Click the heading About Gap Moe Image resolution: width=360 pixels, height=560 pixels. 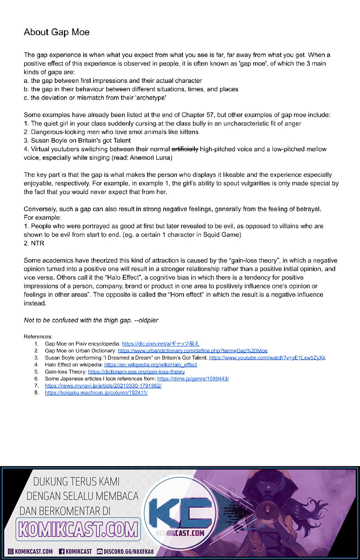coord(56,32)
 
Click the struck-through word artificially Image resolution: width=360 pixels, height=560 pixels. coord(185,149)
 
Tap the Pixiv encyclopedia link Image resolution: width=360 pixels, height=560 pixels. coord(160,344)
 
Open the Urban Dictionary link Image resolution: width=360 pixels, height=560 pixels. coord(192,351)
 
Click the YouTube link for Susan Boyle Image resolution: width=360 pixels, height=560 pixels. coord(267,358)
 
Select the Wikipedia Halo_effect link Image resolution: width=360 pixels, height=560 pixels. coord(150,365)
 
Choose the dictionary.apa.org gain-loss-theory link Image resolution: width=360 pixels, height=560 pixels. coord(136,372)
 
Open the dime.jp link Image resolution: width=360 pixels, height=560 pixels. coord(193,379)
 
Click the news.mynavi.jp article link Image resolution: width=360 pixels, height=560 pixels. coord(103,386)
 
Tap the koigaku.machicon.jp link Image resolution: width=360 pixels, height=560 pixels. coord(96,393)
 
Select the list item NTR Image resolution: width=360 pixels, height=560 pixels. coord(38,243)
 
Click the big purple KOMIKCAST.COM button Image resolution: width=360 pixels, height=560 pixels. coord(78,530)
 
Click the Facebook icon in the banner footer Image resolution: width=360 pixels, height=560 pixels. coord(62,552)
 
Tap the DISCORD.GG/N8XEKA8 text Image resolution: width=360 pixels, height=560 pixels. coord(128,552)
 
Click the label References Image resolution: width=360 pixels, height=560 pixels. coord(38,336)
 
